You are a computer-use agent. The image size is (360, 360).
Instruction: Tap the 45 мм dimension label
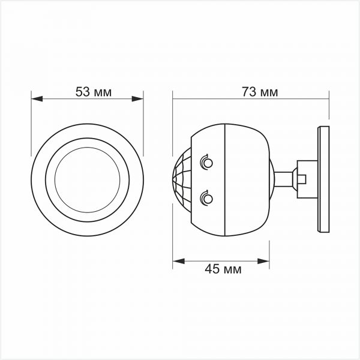(x=223, y=269)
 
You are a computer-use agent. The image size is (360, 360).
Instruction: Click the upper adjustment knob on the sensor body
(x=206, y=162)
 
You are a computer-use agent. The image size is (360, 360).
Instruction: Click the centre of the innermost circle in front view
(x=87, y=179)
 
